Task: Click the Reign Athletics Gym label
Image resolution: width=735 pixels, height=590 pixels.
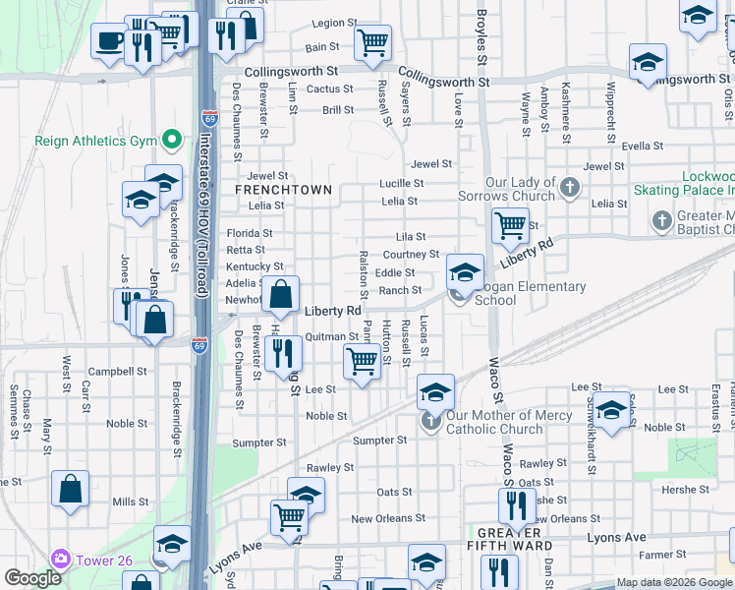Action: tap(95, 141)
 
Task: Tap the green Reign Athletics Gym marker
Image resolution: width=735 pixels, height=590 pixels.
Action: tap(172, 141)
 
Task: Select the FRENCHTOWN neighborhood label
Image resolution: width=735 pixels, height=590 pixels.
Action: tap(269, 188)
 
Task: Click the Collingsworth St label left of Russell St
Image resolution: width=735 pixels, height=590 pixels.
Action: tap(291, 72)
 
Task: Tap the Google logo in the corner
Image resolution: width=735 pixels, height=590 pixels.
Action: tap(34, 578)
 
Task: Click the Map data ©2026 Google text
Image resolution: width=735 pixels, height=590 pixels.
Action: tap(673, 582)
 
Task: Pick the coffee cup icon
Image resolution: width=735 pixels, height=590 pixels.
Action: tap(109, 41)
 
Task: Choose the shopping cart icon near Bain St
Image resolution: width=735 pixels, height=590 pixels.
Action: tap(372, 42)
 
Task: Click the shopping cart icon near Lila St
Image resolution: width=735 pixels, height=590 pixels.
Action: tap(510, 225)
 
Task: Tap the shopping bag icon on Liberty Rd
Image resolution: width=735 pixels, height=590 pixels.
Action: tap(281, 293)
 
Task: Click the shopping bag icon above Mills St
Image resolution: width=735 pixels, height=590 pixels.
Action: tap(71, 488)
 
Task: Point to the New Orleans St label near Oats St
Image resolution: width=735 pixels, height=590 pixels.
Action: tap(388, 518)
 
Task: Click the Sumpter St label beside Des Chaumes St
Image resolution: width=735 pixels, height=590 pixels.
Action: tap(260, 442)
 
